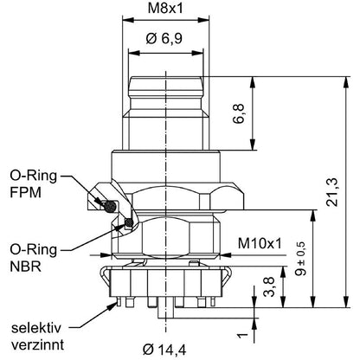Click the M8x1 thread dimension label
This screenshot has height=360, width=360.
click(x=165, y=9)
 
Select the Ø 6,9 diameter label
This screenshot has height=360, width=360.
click(x=164, y=38)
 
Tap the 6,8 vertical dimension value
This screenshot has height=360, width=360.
click(x=239, y=113)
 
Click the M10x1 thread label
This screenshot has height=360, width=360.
click(x=260, y=244)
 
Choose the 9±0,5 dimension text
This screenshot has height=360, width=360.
click(x=300, y=258)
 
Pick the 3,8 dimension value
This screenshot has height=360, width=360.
click(x=268, y=287)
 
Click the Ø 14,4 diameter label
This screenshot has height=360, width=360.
click(x=164, y=350)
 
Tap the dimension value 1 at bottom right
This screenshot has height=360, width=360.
click(x=242, y=336)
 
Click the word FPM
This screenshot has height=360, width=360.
click(x=26, y=192)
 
